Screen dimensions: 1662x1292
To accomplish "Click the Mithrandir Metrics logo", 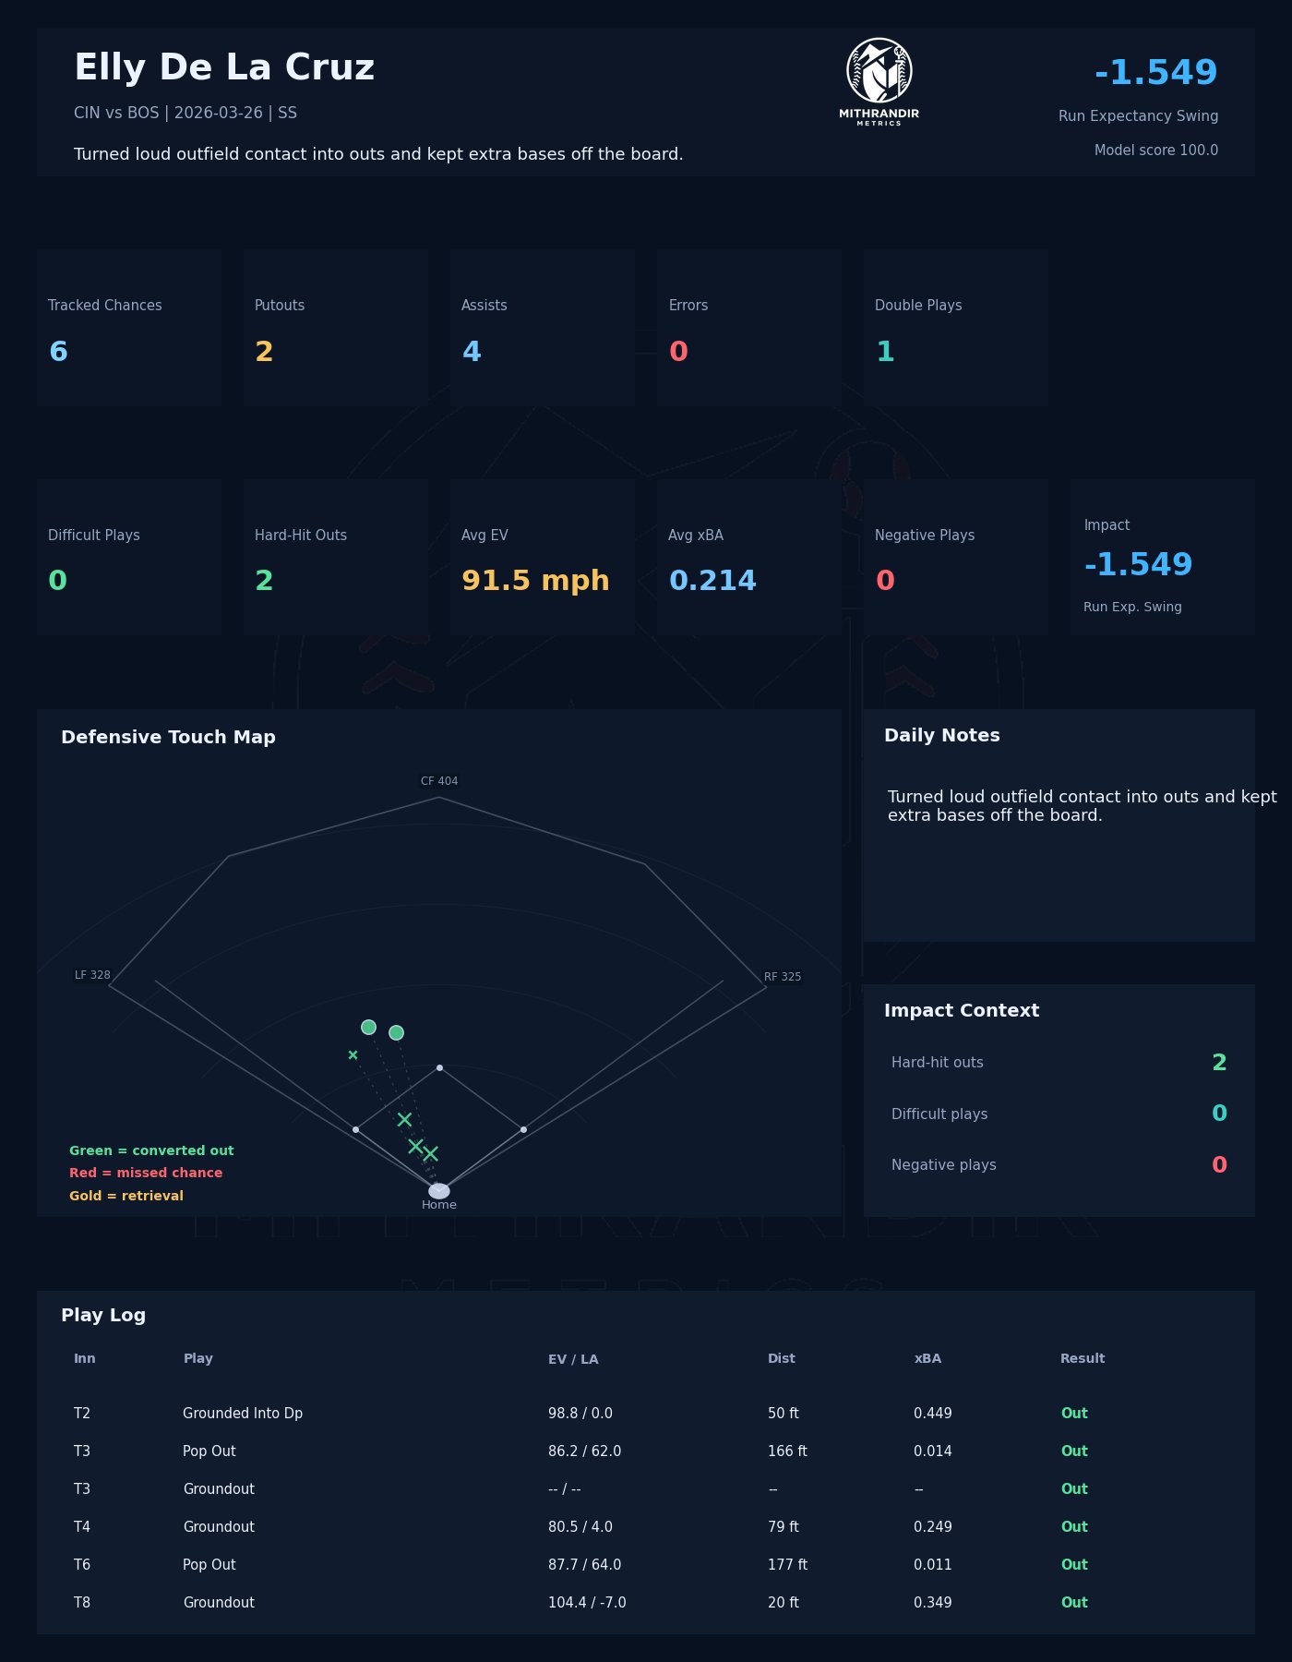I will (879, 81).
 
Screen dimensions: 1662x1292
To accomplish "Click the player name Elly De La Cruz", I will (224, 68).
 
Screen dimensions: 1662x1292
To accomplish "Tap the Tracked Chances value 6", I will (58, 352).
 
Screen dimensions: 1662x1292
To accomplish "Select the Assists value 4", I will (472, 352).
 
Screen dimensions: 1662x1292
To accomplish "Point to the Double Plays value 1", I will (885, 352).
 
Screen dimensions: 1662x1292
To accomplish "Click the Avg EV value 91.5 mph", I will (535, 581).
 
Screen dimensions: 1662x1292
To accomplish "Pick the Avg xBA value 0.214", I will (712, 581).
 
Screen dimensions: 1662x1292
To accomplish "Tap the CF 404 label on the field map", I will (439, 781).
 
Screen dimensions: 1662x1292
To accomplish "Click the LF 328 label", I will (92, 975).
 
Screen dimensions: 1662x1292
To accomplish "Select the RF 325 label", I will (783, 977).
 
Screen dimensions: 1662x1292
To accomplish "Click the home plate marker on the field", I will (439, 1191).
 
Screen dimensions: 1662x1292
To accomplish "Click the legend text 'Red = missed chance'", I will (146, 1173).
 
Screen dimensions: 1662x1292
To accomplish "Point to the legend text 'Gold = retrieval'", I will (126, 1196).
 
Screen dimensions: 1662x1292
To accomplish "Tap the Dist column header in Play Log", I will (781, 1358).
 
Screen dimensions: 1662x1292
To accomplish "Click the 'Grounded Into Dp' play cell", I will (243, 1414).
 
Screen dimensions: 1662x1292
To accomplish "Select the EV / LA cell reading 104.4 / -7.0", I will (587, 1603).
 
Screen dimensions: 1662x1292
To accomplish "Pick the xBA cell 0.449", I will (932, 1414).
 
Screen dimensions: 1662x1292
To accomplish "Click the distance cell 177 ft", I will (787, 1565).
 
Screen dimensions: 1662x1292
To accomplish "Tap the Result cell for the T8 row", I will (1074, 1603).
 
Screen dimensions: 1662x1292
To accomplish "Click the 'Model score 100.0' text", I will (1155, 151).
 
